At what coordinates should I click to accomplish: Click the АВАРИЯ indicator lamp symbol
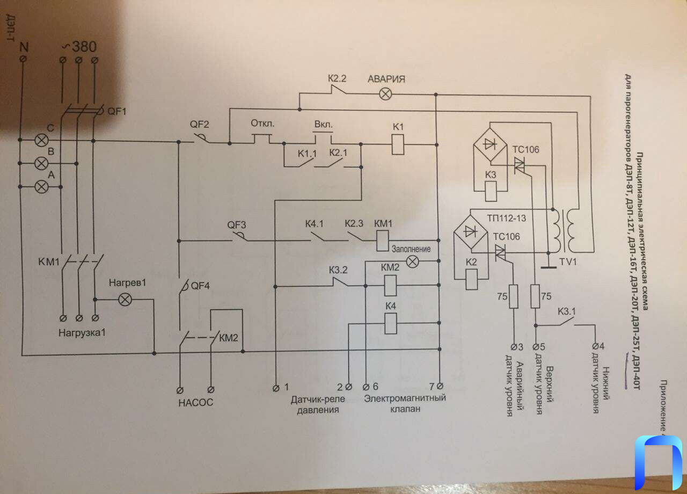point(385,94)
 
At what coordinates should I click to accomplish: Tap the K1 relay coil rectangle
point(398,144)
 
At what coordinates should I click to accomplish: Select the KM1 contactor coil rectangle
point(382,240)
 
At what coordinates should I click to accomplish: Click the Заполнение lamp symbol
point(412,261)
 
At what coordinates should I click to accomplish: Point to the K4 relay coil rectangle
point(390,324)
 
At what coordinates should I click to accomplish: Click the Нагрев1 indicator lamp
point(125,299)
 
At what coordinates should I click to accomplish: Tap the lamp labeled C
point(41,141)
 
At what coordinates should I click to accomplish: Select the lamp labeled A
point(41,186)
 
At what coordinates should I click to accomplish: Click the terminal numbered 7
point(439,386)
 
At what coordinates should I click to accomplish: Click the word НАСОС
point(196,402)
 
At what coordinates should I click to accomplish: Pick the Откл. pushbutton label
point(262,123)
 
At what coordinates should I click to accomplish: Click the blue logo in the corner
point(658,462)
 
